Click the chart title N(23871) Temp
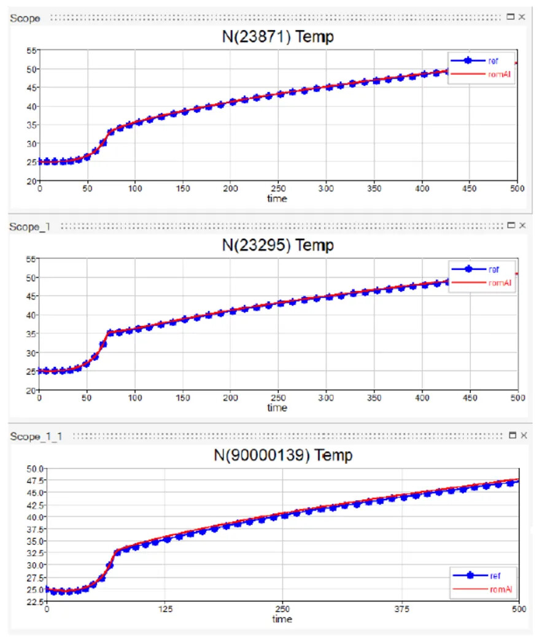click(277, 37)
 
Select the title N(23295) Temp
click(277, 245)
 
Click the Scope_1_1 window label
click(36, 436)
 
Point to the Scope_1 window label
click(30, 226)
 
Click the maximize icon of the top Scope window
click(511, 17)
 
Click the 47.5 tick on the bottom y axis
click(36, 481)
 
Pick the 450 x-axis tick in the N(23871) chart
click(470, 189)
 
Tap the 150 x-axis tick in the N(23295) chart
click(183, 398)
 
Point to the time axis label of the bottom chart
click(282, 619)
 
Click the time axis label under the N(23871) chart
click(277, 198)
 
